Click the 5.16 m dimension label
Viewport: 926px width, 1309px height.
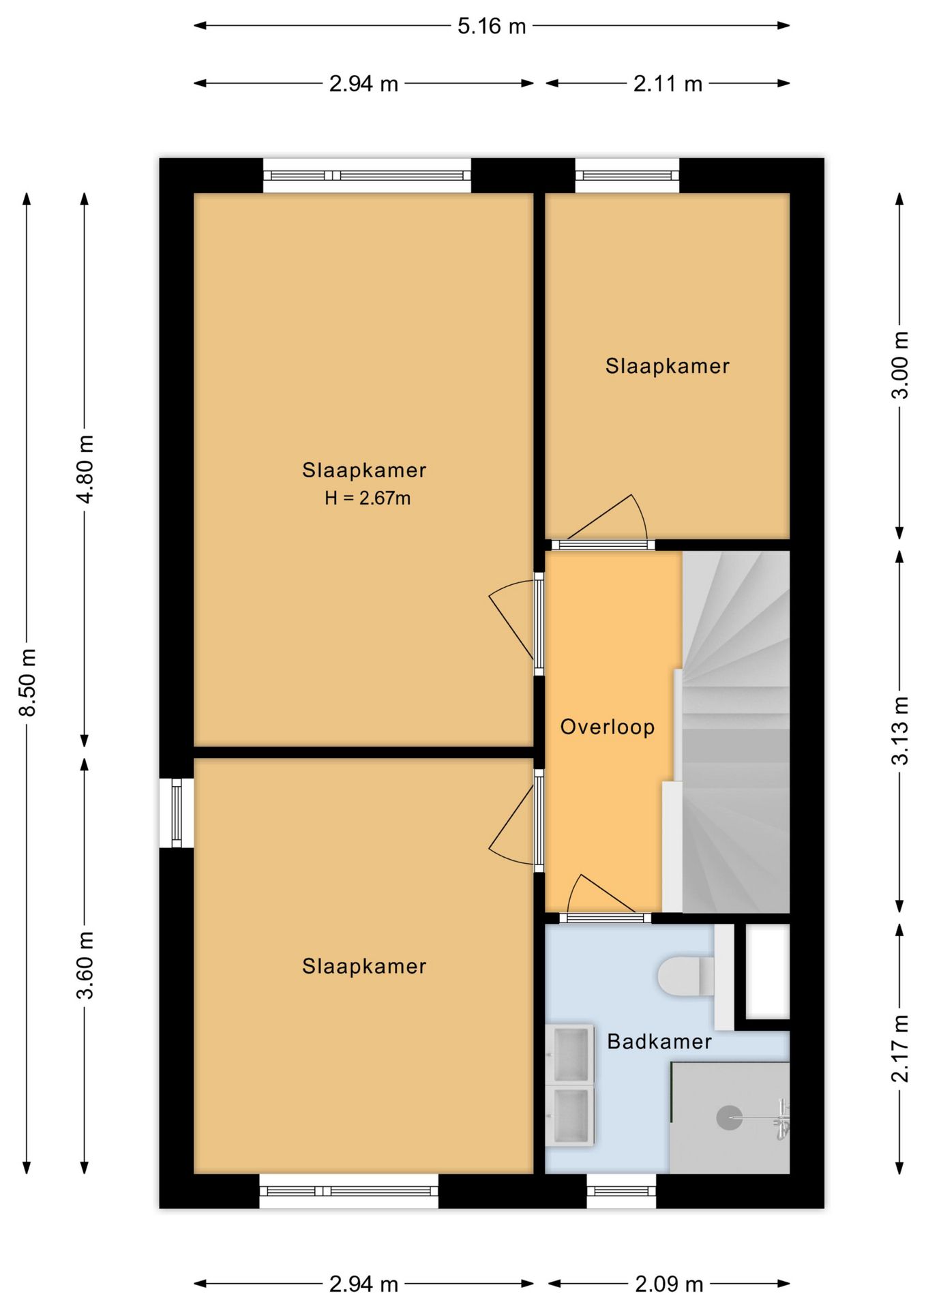pos(492,27)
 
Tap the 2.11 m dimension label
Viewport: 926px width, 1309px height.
pos(668,84)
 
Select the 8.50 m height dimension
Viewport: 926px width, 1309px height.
pos(27,682)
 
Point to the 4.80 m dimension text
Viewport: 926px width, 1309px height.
pos(85,469)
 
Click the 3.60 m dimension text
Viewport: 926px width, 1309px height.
pos(85,965)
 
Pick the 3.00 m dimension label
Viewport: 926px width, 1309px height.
pos(900,365)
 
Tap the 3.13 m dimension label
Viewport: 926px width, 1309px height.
pos(900,731)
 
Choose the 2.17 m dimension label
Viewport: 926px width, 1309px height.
pos(900,1049)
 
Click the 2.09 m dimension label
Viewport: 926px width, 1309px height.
pos(669,1284)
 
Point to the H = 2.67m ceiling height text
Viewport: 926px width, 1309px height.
pos(368,498)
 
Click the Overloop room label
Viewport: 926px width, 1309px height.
pos(608,727)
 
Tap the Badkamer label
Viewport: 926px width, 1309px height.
pos(659,1042)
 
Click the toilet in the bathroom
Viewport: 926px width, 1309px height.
pos(685,976)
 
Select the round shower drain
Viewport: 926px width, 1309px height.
pos(729,1117)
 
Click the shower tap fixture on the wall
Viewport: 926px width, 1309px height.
pos(782,1119)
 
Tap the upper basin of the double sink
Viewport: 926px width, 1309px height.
pos(570,1053)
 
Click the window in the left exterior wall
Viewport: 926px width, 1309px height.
pos(177,813)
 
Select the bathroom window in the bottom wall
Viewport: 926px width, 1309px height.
pos(621,1191)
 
